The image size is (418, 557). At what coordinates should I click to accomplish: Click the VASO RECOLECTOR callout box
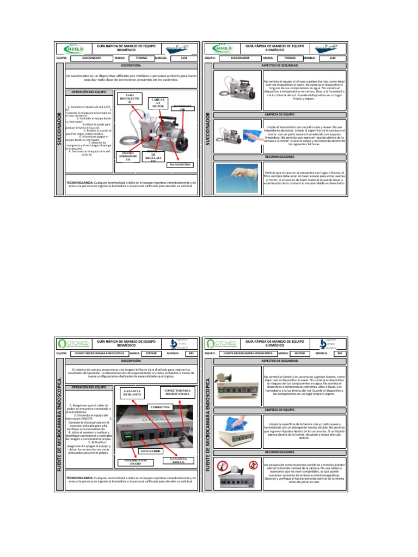point(129,98)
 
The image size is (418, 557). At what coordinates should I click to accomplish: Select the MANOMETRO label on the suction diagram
point(181,163)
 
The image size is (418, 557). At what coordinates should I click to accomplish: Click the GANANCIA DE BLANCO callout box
point(133,394)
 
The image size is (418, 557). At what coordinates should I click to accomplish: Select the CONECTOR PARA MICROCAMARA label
point(177,392)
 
